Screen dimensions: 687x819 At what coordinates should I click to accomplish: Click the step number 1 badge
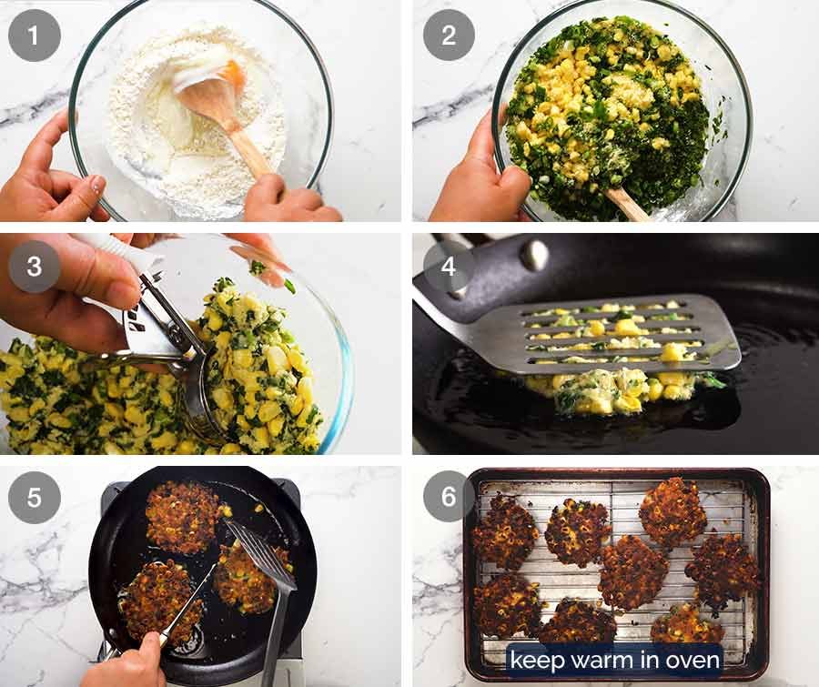(x=35, y=35)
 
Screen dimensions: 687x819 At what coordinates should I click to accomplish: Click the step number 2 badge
(x=449, y=35)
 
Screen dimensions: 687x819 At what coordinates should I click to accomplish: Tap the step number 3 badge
(x=35, y=267)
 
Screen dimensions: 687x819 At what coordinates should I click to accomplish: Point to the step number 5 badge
(x=35, y=498)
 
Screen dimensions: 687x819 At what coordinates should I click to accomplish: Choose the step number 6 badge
(x=449, y=498)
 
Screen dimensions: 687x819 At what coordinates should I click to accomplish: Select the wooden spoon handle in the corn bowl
(x=629, y=205)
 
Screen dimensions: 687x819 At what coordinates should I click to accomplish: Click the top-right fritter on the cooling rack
(x=672, y=512)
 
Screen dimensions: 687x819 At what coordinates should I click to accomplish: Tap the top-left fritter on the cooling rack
(x=505, y=532)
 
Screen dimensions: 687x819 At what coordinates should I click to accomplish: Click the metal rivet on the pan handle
(x=535, y=255)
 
